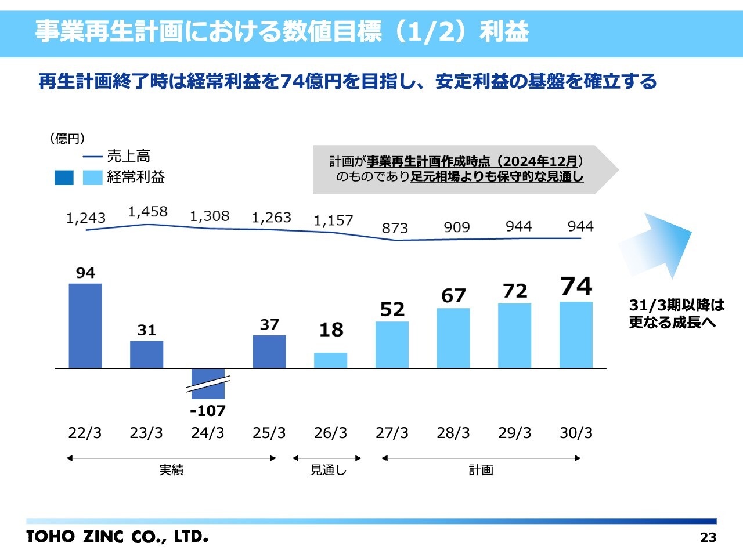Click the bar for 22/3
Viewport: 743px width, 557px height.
click(x=85, y=325)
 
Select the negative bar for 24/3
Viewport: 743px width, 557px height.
click(x=208, y=384)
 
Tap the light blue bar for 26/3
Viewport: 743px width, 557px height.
click(x=330, y=360)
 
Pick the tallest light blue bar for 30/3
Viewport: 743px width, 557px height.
click(x=576, y=335)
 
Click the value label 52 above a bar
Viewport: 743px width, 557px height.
click(x=392, y=309)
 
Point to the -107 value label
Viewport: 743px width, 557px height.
click(x=208, y=411)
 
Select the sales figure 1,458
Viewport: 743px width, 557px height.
click(x=147, y=212)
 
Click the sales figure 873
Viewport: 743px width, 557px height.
click(x=395, y=228)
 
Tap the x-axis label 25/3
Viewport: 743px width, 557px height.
click(x=269, y=433)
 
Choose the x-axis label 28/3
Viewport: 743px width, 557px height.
click(x=453, y=433)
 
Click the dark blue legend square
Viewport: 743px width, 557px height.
click(x=64, y=178)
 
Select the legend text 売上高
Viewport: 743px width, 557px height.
click(x=129, y=156)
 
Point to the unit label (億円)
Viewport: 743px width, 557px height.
click(x=67, y=138)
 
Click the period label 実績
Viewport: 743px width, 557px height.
click(x=171, y=470)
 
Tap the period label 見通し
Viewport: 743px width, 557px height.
click(x=328, y=470)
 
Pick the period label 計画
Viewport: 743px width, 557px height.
click(x=481, y=470)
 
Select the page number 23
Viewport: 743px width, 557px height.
click(x=708, y=537)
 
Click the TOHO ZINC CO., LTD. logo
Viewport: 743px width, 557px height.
click(x=117, y=536)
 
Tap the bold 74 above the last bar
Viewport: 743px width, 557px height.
click(x=576, y=286)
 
